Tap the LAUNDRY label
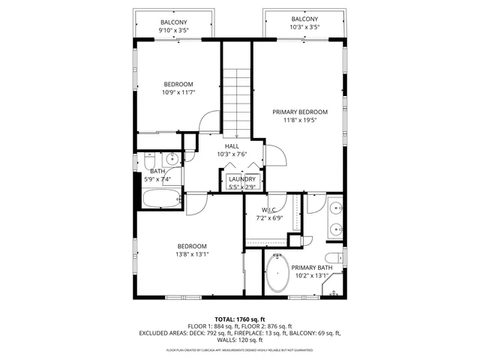click(242, 179)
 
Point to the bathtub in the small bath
click(161, 199)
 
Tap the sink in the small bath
click(172, 158)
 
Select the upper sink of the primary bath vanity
click(335, 207)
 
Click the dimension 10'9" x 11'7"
click(178, 93)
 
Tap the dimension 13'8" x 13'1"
click(193, 254)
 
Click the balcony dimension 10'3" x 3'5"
click(304, 28)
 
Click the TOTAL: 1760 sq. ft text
click(239, 319)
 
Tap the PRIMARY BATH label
click(312, 268)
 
